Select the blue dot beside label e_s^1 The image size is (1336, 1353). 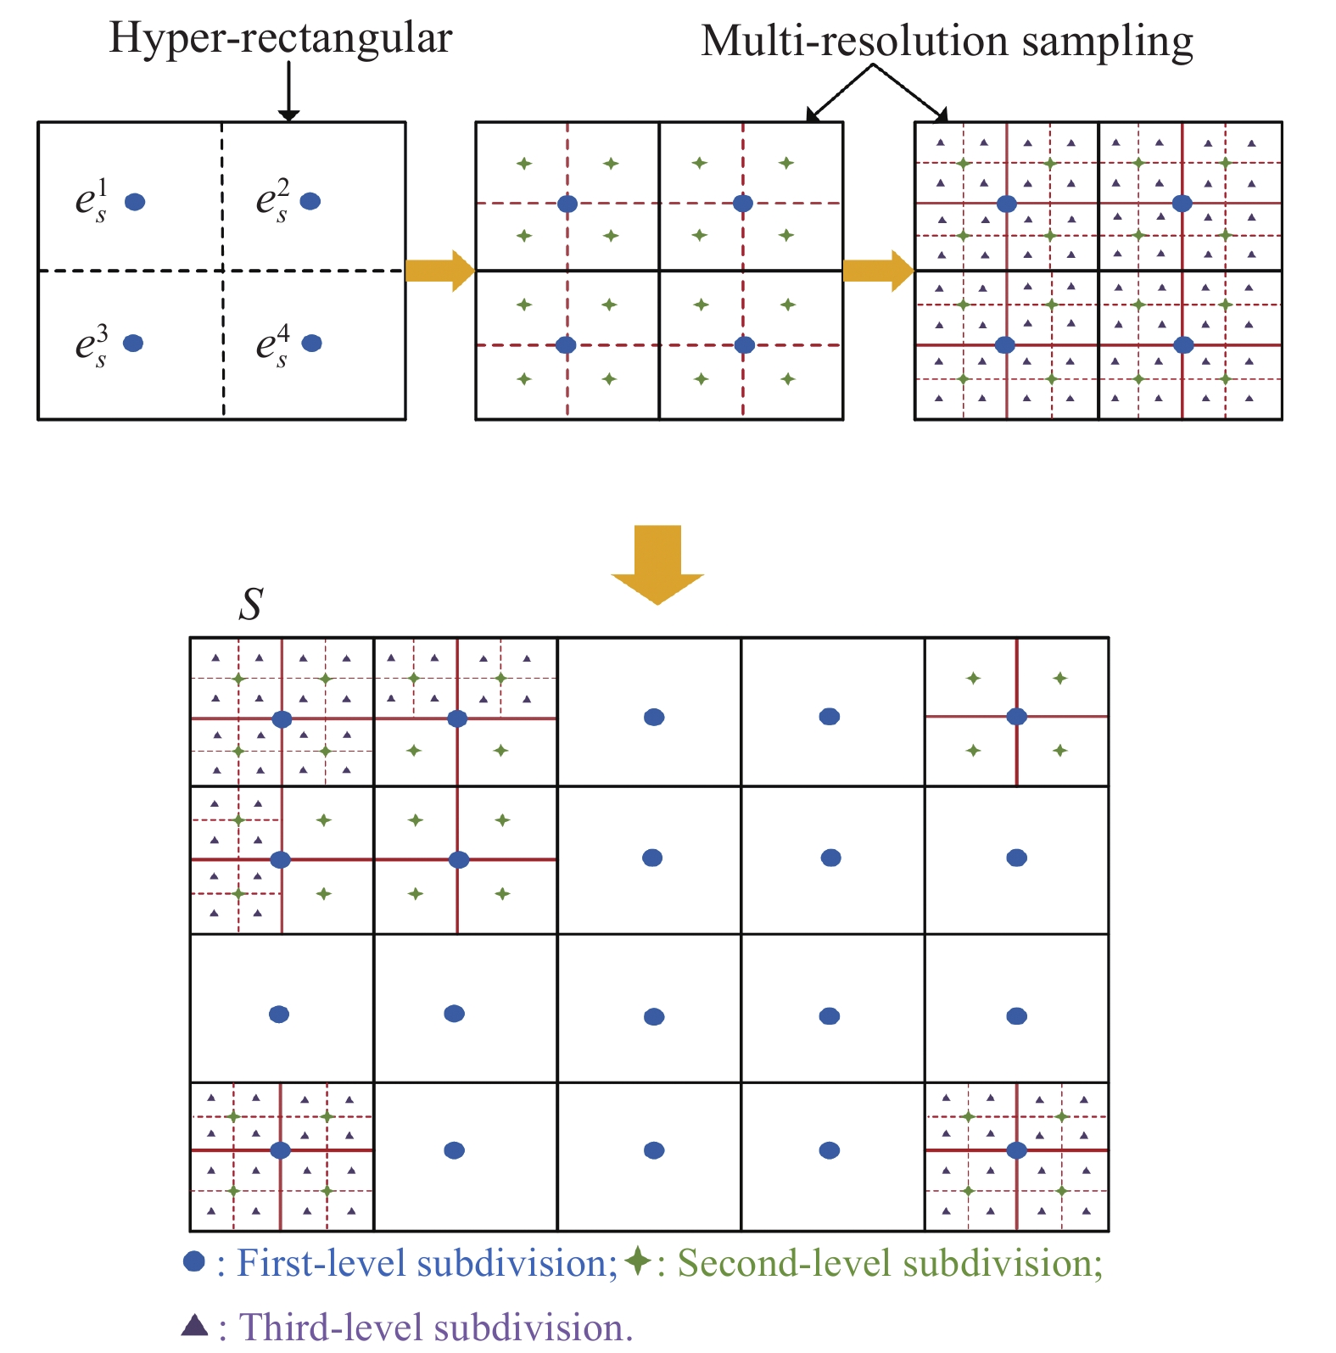(135, 202)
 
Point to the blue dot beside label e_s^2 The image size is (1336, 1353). (310, 201)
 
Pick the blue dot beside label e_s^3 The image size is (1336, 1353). (133, 343)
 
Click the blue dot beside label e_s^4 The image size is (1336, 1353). (312, 343)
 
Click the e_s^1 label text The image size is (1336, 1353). (92, 200)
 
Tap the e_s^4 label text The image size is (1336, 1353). (273, 345)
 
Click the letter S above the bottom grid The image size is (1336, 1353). (251, 604)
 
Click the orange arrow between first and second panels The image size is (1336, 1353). (440, 271)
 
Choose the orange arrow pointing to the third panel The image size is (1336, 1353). (879, 271)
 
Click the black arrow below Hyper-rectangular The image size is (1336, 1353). (289, 92)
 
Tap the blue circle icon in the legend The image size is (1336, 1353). (194, 1261)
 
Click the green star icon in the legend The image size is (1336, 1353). (638, 1261)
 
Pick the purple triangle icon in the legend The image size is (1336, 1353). (195, 1325)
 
